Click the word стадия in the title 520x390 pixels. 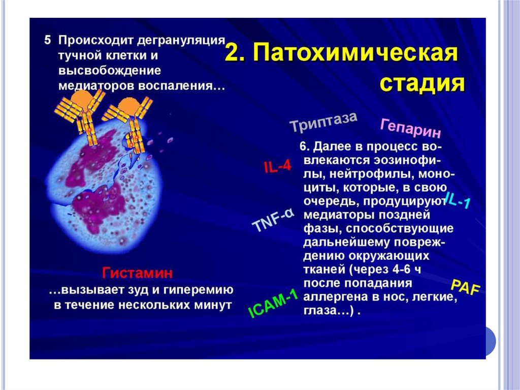(422, 83)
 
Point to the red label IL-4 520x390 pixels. (277, 166)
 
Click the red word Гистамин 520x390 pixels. (138, 273)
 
